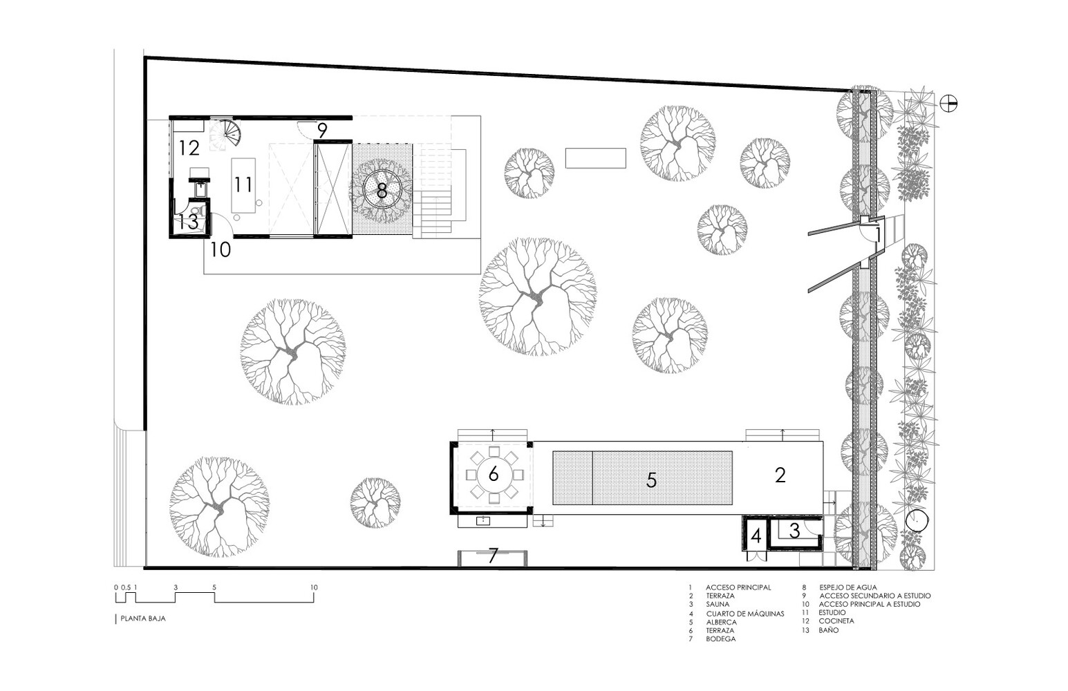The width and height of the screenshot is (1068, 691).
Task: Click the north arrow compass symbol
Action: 948,104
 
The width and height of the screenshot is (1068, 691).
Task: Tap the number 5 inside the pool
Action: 651,480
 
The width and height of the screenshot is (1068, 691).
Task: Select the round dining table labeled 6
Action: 494,475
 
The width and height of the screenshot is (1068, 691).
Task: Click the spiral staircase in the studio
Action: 227,134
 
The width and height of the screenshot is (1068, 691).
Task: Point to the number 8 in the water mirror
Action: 382,191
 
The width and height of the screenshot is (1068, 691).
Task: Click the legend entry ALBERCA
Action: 722,622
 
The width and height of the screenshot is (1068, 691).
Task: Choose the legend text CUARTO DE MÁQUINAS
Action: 745,614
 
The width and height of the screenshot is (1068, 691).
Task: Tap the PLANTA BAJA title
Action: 143,618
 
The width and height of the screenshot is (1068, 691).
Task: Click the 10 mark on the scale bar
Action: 314,587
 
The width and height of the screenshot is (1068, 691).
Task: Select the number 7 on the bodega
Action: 493,555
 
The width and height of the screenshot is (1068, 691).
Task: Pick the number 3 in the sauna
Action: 794,531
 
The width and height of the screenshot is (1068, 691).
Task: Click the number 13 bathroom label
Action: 188,222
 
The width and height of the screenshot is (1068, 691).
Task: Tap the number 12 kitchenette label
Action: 189,148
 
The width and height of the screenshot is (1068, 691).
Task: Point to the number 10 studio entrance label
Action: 221,249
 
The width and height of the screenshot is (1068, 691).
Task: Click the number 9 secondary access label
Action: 322,130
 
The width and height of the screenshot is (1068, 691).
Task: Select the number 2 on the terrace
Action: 780,475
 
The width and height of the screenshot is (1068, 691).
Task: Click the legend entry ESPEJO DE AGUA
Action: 848,587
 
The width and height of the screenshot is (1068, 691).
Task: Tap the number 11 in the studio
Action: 243,184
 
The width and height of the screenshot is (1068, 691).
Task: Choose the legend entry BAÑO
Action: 829,630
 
